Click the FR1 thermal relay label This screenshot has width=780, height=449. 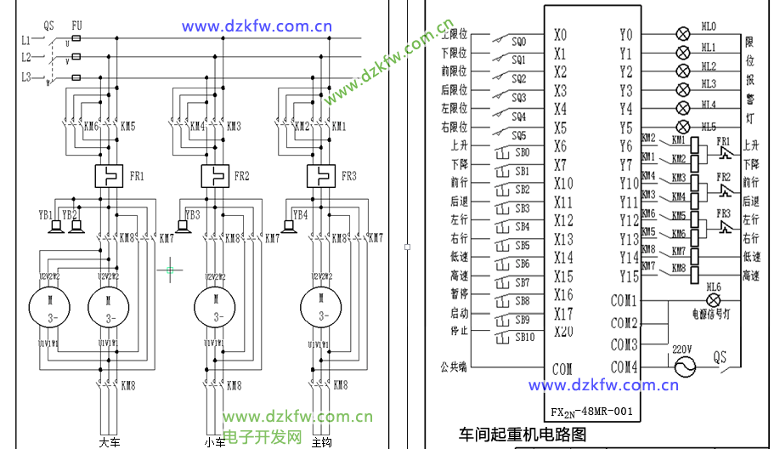tap(137, 178)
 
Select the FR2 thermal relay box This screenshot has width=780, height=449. tap(216, 177)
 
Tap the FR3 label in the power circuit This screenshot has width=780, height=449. tap(348, 177)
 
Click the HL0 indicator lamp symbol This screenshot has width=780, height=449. tap(681, 34)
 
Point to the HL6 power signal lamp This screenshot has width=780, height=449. tap(713, 300)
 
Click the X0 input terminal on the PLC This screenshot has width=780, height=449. tap(560, 35)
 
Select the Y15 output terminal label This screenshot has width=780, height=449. tap(628, 276)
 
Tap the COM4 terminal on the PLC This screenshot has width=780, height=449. tap(624, 367)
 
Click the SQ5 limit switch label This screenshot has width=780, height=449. tap(518, 135)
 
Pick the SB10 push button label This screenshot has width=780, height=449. tap(525, 338)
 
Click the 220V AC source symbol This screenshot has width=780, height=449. tap(683, 367)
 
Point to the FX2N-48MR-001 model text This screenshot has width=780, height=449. tap(591, 412)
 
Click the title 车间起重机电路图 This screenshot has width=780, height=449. tap(523, 435)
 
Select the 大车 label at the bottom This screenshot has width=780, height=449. tap(110, 442)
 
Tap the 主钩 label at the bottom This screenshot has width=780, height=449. tap(321, 442)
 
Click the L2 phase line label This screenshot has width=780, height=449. tap(26, 58)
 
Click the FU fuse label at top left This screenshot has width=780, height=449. tap(76, 26)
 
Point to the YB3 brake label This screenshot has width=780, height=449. tap(192, 215)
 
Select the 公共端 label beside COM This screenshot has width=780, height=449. tap(453, 367)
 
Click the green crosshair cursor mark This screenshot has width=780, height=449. tap(170, 270)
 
